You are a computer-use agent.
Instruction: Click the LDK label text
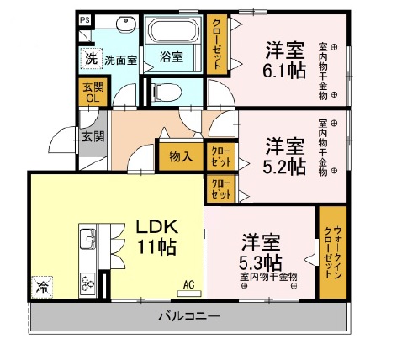[156, 227]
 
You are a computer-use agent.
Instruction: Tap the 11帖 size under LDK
[156, 248]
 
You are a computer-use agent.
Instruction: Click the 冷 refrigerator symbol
[42, 287]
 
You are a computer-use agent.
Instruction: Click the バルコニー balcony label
[188, 317]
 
